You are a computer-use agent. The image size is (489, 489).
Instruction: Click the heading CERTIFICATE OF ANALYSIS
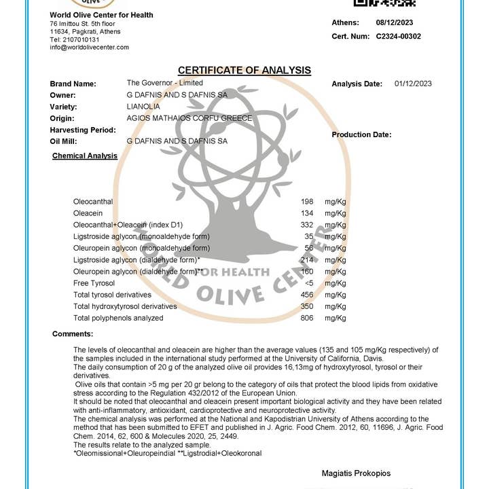pos(244,71)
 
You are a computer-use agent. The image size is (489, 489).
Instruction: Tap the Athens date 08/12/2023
pos(394,22)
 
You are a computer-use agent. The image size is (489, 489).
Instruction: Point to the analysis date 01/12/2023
pos(413,84)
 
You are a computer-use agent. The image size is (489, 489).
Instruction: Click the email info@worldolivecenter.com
pos(89,48)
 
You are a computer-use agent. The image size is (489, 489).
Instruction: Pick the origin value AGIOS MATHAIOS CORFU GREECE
pos(189,118)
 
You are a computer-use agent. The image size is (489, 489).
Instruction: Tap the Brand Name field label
pos(73,84)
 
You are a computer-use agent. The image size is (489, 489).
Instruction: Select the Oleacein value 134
pos(306,213)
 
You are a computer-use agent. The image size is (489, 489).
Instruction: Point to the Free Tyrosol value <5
pos(309,283)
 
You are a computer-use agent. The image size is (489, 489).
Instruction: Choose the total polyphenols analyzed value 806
pos(306,318)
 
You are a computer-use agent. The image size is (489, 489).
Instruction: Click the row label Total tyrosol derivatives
pos(112,295)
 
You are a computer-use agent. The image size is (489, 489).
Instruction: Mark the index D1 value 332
pos(306,225)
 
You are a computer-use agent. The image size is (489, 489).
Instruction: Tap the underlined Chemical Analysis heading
pos(85,156)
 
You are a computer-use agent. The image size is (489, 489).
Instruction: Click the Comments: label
pos(73,333)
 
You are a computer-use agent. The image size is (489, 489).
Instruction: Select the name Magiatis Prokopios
pos(356,473)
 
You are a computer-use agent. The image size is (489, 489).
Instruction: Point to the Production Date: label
pos(361,134)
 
